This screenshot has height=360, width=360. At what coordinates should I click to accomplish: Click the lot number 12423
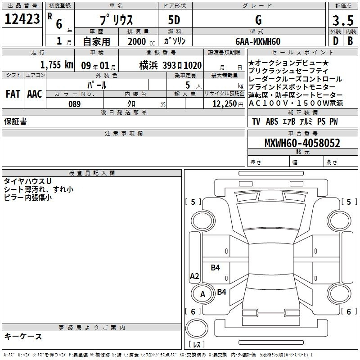point(22,19)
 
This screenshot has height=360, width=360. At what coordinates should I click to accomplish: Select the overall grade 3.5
point(343,20)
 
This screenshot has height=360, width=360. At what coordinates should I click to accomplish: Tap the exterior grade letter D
point(335,41)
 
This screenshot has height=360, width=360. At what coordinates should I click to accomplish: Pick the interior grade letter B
point(350,41)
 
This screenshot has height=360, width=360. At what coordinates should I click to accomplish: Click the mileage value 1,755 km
point(57,65)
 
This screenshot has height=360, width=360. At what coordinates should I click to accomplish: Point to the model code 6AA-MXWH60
point(258,41)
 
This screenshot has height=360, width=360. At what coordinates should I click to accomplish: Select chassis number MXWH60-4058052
point(302,143)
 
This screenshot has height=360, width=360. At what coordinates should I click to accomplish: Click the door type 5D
point(174,20)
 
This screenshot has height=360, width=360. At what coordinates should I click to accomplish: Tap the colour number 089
point(75,104)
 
